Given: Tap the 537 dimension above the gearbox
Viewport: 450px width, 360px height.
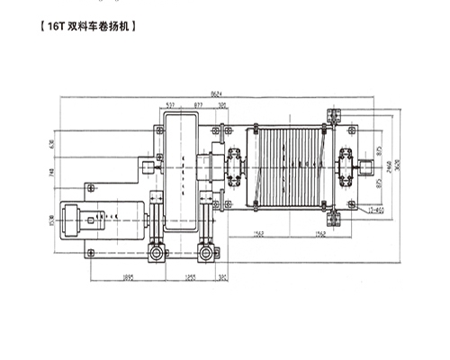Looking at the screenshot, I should point(170,104).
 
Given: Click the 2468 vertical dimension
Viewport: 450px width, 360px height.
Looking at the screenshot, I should point(385,163).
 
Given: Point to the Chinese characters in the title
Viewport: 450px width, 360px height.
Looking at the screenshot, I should point(100,27).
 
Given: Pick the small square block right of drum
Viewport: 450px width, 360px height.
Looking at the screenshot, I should point(366,166).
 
